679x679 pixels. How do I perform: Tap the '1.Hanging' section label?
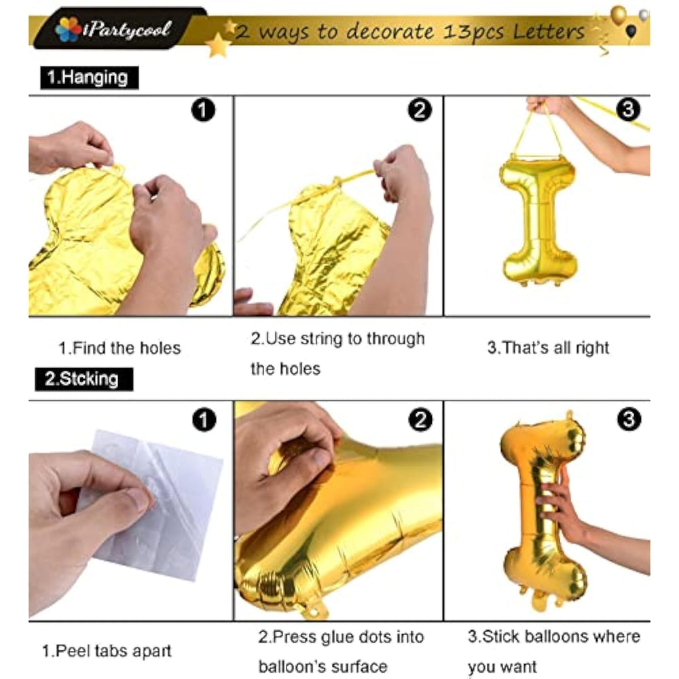coord(89,77)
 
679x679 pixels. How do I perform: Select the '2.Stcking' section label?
coord(84,379)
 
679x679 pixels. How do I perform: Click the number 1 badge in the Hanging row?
coord(203,109)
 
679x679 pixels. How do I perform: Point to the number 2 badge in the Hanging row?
coord(420,109)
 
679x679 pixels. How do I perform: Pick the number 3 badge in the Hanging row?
coord(628,109)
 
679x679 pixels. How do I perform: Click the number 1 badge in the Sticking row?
coord(204,420)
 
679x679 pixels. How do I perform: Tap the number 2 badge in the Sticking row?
coord(420,420)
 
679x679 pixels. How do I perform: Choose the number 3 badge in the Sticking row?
coord(629,419)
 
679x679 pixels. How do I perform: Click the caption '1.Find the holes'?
coord(120,348)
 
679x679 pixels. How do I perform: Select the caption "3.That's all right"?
coord(548,348)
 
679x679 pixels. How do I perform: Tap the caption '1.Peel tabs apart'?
coord(107,651)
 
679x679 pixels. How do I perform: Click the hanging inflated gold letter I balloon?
coord(539,221)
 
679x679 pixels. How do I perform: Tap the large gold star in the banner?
coord(218,45)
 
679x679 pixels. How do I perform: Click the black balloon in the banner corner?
coord(631,31)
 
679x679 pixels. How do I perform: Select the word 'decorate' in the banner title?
coord(390,31)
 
